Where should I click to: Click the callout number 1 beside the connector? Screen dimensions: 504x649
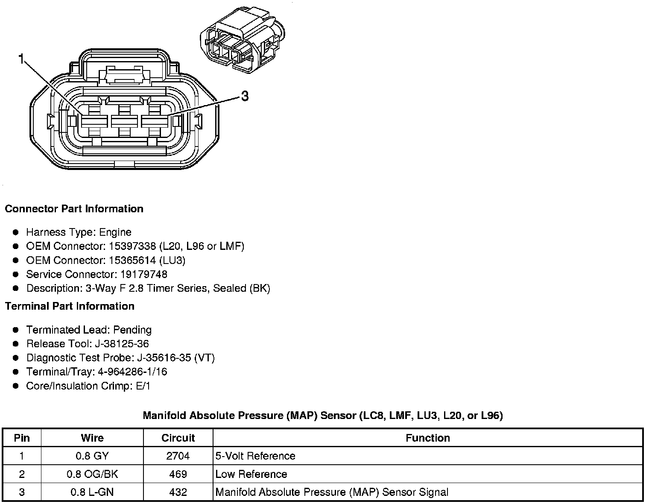coord(21,59)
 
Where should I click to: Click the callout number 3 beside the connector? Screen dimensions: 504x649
coord(245,97)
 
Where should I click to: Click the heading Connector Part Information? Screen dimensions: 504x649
coord(74,209)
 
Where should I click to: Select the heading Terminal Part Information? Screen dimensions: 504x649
coord(70,306)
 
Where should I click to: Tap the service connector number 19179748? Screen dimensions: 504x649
coord(142,274)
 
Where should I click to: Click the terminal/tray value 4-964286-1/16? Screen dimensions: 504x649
coord(132,372)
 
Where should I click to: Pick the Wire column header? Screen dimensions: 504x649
coord(92,438)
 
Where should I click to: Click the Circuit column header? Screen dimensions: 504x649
coord(178,438)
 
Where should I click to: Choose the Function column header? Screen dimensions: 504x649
coord(428,438)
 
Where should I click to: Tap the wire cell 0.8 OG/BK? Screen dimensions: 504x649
coord(92,474)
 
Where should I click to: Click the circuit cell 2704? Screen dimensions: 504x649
coord(178,456)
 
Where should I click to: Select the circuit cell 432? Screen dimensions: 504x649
coord(178,492)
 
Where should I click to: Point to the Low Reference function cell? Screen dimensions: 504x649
coord(251,474)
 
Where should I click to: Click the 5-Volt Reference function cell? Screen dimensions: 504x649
coord(255,456)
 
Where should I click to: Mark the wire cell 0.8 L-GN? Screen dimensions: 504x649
coord(92,492)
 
